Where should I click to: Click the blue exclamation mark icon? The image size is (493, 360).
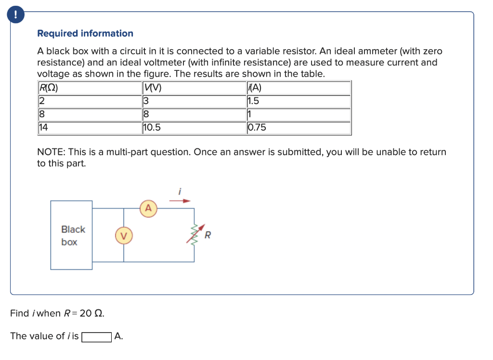point(16,15)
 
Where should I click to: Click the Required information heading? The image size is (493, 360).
point(85,33)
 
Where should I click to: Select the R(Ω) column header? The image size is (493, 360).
point(48,88)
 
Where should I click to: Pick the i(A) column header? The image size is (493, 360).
point(254,88)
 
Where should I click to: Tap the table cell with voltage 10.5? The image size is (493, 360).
point(152,128)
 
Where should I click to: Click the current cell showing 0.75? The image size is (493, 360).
point(257,128)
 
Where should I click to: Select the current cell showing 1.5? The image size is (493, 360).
point(253,101)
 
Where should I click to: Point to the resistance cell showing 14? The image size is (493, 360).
point(44,128)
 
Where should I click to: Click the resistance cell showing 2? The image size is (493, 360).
point(41,101)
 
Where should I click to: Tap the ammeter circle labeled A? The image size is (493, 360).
point(148,209)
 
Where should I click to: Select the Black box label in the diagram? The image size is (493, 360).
point(72,235)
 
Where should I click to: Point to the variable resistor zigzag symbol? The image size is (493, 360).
point(195,235)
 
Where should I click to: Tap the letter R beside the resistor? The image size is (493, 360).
point(208,236)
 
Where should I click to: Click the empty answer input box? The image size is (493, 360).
point(97,336)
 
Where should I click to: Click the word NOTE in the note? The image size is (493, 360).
point(52,152)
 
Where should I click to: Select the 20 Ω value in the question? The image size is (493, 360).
point(91,313)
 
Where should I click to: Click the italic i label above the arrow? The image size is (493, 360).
point(180,191)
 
